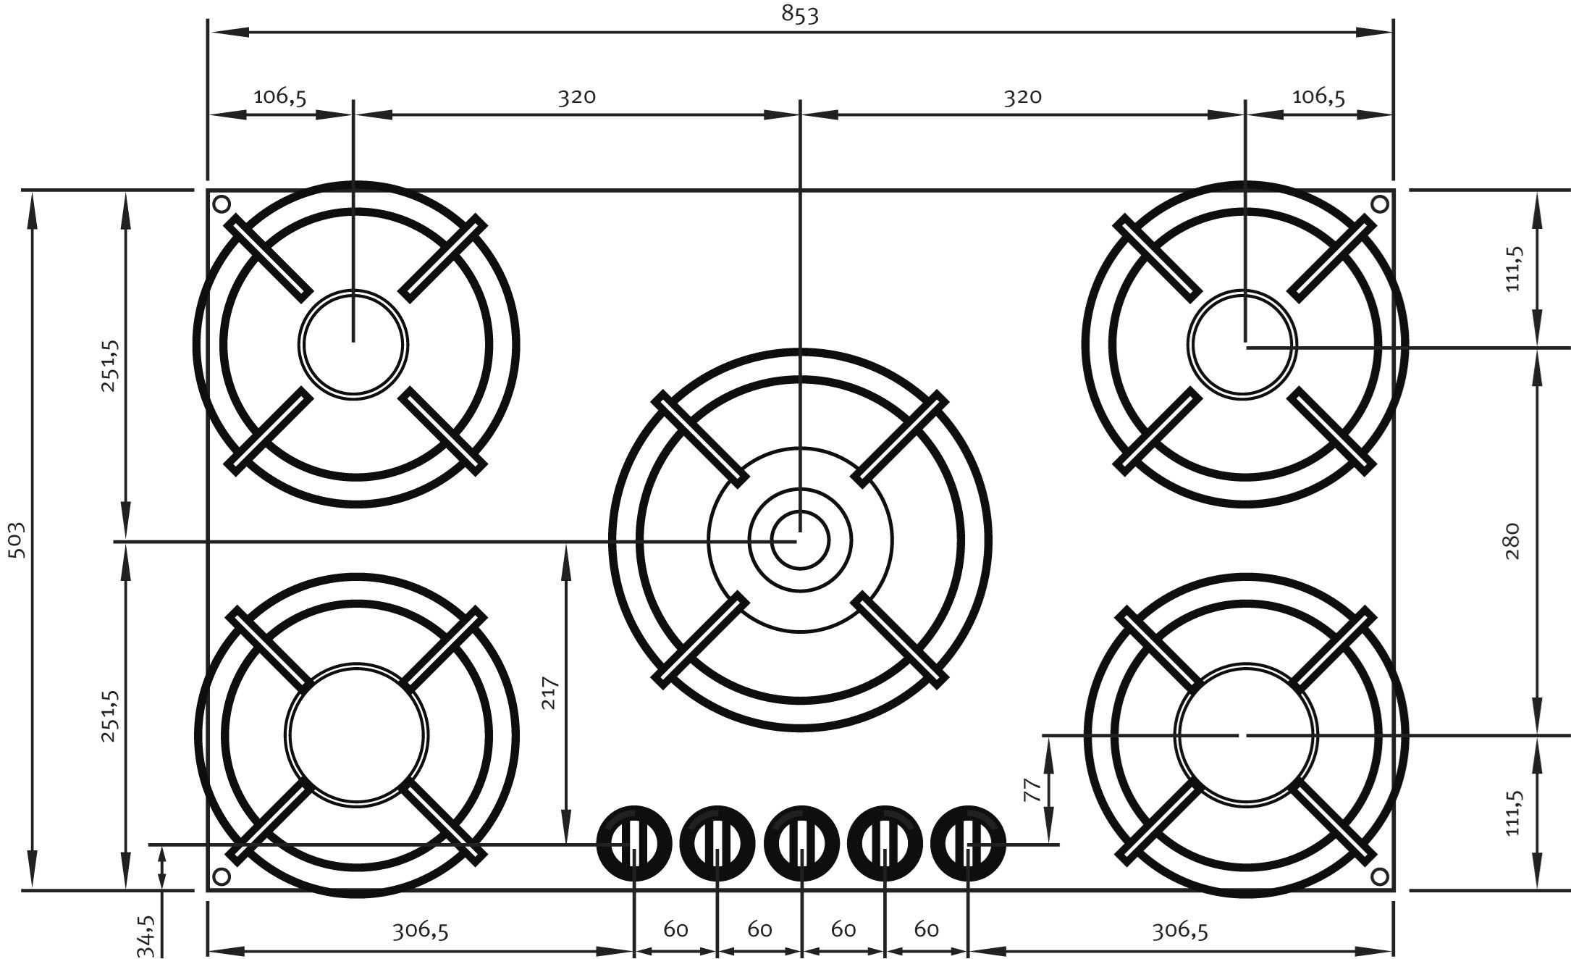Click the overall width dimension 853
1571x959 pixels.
point(800,15)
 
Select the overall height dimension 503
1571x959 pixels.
point(17,540)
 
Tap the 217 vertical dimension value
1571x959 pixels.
point(550,692)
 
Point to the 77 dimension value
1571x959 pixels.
point(1033,789)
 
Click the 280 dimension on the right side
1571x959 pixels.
point(1512,540)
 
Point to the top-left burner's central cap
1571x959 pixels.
point(353,345)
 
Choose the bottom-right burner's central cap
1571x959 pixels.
point(1245,734)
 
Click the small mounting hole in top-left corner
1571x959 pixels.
point(222,204)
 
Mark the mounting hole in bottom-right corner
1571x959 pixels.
point(1380,876)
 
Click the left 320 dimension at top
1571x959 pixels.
point(576,96)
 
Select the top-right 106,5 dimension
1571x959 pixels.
point(1318,96)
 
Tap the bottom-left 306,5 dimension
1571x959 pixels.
point(421,930)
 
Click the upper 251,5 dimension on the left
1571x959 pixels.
point(109,366)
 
